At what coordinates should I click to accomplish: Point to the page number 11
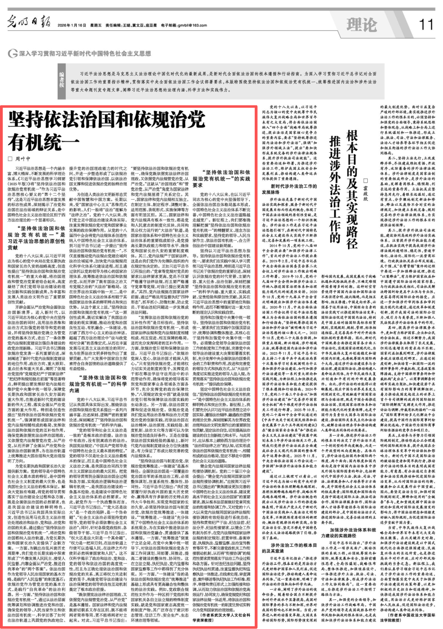pyautogui.click(x=426, y=24)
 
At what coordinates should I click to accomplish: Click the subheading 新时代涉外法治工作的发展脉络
pyautogui.click(x=287, y=189)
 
